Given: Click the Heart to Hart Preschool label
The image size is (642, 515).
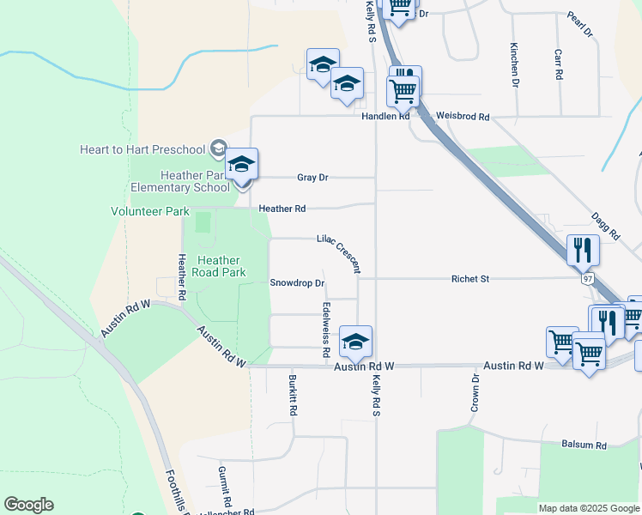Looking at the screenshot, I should pos(142,149).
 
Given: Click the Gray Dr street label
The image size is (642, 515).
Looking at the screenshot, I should pos(312,178).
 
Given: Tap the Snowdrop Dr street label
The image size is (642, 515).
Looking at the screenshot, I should pos(297,282).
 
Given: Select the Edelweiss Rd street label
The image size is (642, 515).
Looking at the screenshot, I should pos(327,330).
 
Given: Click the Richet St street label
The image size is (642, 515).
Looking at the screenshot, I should pos(470,279).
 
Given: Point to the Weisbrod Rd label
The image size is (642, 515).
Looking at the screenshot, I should pos(462,116).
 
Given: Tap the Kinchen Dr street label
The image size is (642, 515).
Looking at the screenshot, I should pos(515,64).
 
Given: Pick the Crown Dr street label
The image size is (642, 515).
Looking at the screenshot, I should pos(474,393).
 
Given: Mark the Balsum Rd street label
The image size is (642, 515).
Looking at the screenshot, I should pos(584,445).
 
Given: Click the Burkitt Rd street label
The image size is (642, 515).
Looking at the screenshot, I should pos(293,395).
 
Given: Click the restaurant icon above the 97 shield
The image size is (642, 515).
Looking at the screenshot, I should pos(584,250).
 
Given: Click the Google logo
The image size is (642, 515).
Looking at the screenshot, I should pos(28,505).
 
